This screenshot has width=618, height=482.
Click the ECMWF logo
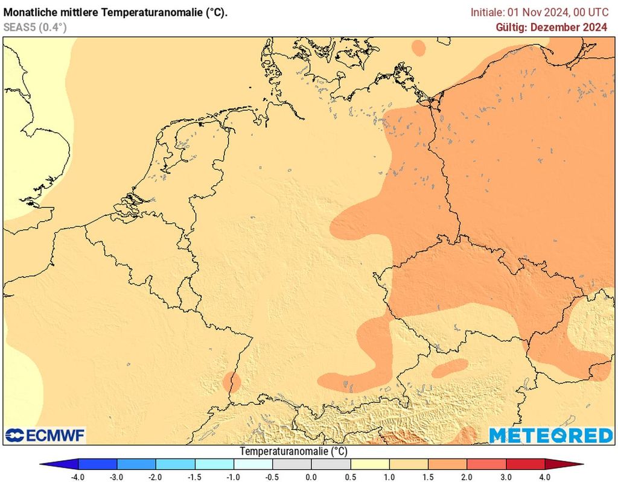pos(45,435)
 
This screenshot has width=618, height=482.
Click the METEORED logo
pos(550,435)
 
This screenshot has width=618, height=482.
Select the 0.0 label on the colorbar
pos(311,477)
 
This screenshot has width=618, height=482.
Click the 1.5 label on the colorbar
pos(428,477)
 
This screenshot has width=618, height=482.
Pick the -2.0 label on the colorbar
pos(156,477)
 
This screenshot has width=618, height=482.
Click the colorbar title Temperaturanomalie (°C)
pos(293,451)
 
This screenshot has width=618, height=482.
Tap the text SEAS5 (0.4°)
pos(35,27)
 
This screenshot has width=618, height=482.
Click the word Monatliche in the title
pos(30,11)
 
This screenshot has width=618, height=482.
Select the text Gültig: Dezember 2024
pos(551,27)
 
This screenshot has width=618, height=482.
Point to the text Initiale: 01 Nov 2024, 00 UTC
pos(540,11)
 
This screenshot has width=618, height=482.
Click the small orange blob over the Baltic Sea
pos(418,47)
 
